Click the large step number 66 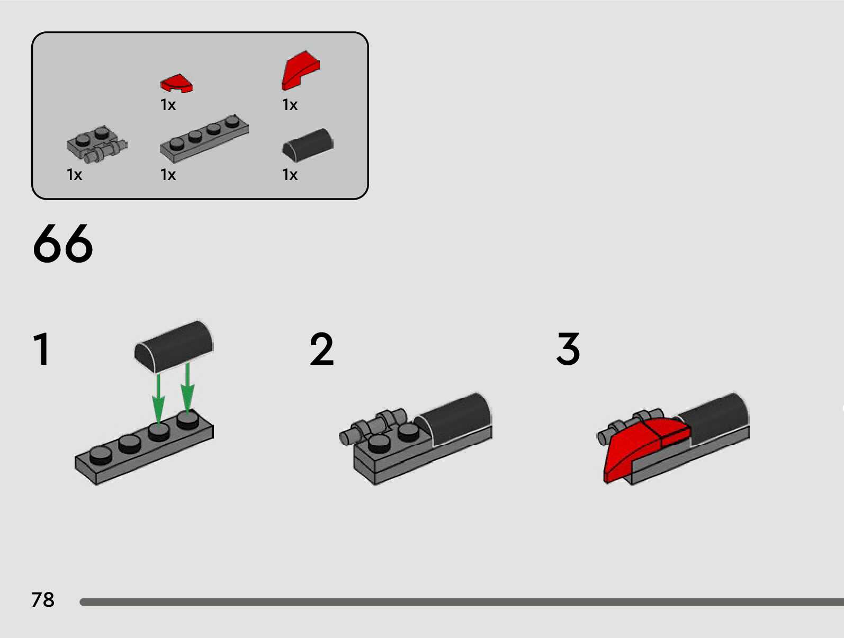tap(62, 244)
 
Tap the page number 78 tap(43, 600)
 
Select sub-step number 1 tap(41, 349)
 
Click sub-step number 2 tap(321, 349)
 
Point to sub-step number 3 tap(568, 349)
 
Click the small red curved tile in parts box tap(176, 84)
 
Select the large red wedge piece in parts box tap(300, 70)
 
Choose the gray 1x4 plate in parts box tap(204, 139)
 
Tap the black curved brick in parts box tap(308, 144)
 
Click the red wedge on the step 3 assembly tap(635, 447)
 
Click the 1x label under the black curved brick tap(290, 175)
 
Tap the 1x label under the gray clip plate tap(74, 175)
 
